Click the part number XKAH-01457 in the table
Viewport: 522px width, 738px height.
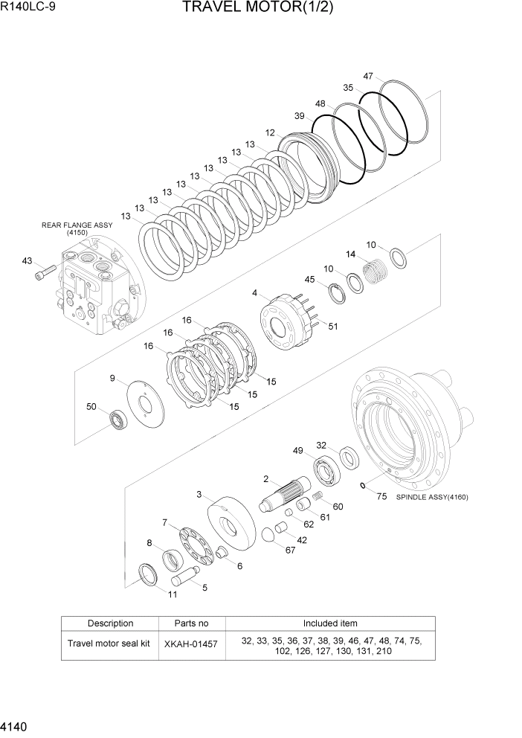click(x=191, y=644)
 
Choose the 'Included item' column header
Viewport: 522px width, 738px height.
click(x=329, y=623)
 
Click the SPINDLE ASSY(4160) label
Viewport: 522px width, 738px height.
click(x=432, y=497)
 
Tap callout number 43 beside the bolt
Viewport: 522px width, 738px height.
click(x=28, y=260)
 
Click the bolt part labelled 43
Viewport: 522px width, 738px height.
click(x=45, y=272)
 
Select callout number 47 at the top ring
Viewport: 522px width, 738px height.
click(x=368, y=76)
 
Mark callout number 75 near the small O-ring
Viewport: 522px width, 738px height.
click(x=381, y=496)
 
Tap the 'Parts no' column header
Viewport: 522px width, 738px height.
click(x=191, y=623)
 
